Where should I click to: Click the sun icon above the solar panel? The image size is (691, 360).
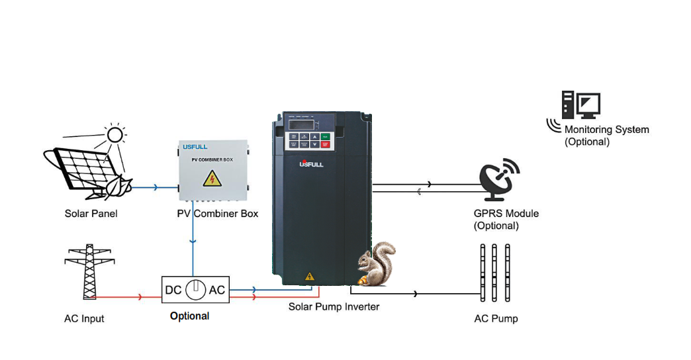(116, 135)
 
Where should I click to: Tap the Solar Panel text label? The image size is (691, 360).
(91, 214)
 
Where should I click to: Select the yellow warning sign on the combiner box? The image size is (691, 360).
(212, 178)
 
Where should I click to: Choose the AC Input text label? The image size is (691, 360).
(84, 319)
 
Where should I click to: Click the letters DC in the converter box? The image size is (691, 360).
(173, 290)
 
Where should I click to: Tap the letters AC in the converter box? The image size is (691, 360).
(217, 290)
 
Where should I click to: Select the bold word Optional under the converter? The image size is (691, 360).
(189, 316)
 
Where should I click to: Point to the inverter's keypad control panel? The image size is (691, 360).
(306, 140)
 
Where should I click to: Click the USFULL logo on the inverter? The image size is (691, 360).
(311, 163)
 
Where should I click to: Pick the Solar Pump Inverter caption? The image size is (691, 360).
(334, 307)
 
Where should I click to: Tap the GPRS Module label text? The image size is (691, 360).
(506, 214)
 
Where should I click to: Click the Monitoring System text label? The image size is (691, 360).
(606, 130)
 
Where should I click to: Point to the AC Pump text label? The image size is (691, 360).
(496, 319)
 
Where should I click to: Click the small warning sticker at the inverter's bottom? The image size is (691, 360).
(308, 276)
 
